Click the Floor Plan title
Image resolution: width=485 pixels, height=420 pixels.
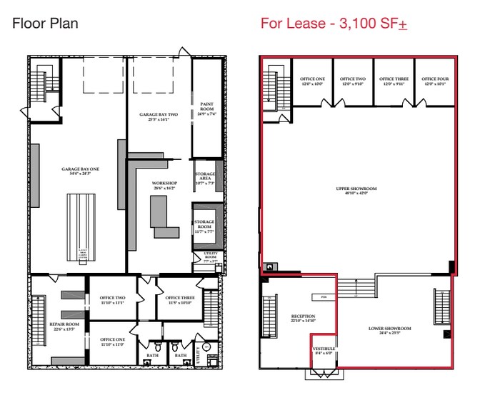(45, 24)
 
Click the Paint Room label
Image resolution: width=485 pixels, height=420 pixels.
(208, 108)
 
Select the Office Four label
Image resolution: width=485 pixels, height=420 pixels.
(434, 81)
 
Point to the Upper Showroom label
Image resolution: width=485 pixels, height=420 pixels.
(356, 190)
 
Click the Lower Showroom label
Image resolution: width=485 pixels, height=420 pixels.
(390, 330)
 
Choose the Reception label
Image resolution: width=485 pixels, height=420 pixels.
(303, 318)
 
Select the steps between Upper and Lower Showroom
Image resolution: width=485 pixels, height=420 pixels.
(350, 288)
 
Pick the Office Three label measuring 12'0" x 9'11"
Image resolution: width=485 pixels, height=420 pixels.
(394, 81)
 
